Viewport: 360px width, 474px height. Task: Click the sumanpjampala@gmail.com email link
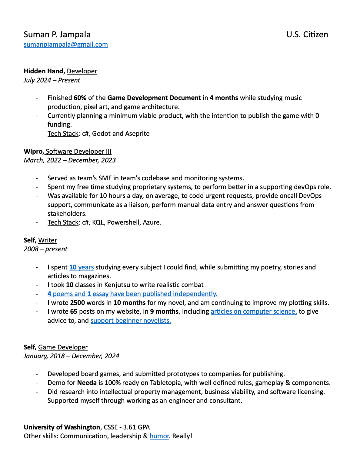[x=66, y=45]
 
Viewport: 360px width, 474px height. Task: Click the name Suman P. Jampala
[x=57, y=35]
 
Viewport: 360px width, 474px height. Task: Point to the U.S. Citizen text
[x=307, y=35]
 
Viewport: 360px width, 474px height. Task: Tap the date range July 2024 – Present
[x=52, y=80]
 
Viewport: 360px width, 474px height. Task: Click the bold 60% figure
[x=80, y=98]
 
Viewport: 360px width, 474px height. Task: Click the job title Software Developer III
[x=78, y=152]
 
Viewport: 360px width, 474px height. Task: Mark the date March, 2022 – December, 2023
[x=70, y=160]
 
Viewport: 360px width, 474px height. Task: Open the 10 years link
[x=82, y=267]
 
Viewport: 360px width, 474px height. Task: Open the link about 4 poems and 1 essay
[x=132, y=294]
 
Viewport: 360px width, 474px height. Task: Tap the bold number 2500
[x=77, y=303]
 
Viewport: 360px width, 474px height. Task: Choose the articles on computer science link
[x=254, y=312]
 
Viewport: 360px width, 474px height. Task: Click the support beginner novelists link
[x=131, y=321]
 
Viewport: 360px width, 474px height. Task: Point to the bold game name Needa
[x=87, y=383]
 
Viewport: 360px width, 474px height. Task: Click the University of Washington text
[x=62, y=427]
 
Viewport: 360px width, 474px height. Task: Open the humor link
[x=159, y=436]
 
